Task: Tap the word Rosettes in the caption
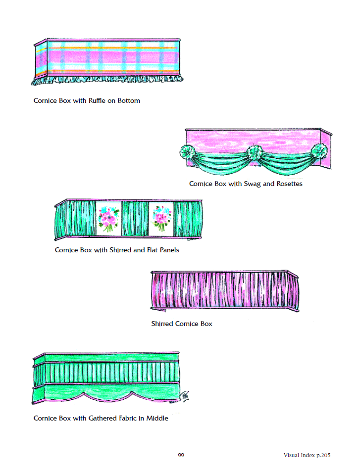coord(290,184)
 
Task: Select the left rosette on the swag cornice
coord(187,152)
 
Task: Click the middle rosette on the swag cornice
coord(255,152)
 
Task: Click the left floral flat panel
coord(109,219)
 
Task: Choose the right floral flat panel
coord(161,219)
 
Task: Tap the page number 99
coord(181,455)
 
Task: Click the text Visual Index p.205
coord(307,455)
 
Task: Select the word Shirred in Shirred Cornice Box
coord(162,324)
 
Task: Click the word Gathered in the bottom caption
coord(103,418)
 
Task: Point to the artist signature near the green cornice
coord(184,396)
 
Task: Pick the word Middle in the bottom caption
coord(157,418)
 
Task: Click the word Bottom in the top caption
coord(129,100)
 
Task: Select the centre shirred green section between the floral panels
coord(135,219)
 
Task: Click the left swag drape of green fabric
coord(221,163)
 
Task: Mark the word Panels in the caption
coord(169,250)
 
